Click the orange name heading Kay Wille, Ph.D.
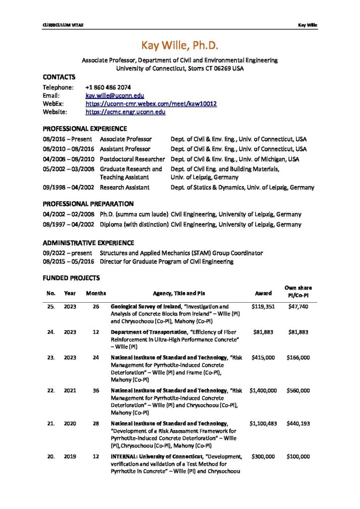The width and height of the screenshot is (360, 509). click(x=180, y=45)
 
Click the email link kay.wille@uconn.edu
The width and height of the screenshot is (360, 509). click(x=114, y=95)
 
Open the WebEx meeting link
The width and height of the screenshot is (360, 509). click(x=151, y=104)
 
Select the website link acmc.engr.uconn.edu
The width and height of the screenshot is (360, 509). click(x=125, y=112)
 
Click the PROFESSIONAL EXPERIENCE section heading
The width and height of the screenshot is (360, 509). click(x=85, y=129)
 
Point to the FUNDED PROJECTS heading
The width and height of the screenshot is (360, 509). click(x=71, y=278)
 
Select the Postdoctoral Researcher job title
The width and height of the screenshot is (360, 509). click(x=132, y=159)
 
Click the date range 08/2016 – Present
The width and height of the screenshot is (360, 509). click(x=67, y=139)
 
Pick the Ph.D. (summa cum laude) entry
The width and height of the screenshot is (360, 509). click(x=134, y=215)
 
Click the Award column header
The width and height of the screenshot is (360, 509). click(x=263, y=293)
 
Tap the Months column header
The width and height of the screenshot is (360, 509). click(x=96, y=293)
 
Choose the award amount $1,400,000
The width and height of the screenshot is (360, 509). click(x=263, y=391)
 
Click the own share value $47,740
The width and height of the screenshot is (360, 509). click(x=298, y=307)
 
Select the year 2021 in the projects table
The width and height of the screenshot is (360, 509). click(x=70, y=391)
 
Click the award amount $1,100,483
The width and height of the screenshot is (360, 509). click(x=263, y=424)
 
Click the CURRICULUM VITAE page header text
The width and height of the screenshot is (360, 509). click(x=63, y=25)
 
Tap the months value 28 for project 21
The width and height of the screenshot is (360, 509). click(x=96, y=424)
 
